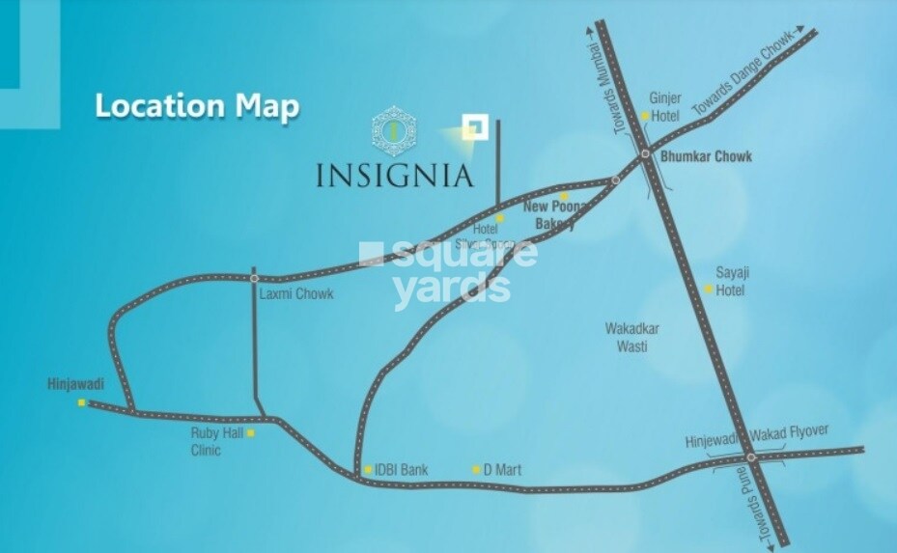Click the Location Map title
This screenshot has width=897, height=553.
click(196, 106)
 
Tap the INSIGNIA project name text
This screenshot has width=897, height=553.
click(395, 176)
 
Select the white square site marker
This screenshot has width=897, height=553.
click(473, 127)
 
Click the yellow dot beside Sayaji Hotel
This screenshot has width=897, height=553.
click(708, 289)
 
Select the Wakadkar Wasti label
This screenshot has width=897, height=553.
click(632, 336)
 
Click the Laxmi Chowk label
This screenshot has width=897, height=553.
click(295, 293)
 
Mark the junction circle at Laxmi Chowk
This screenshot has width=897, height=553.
click(253, 278)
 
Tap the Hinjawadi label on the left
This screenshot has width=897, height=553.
click(75, 384)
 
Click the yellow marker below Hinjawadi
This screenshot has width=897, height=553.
click(82, 402)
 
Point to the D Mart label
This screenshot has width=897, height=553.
click(502, 470)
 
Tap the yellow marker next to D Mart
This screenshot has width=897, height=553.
click(476, 470)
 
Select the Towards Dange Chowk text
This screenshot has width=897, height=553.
click(747, 75)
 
